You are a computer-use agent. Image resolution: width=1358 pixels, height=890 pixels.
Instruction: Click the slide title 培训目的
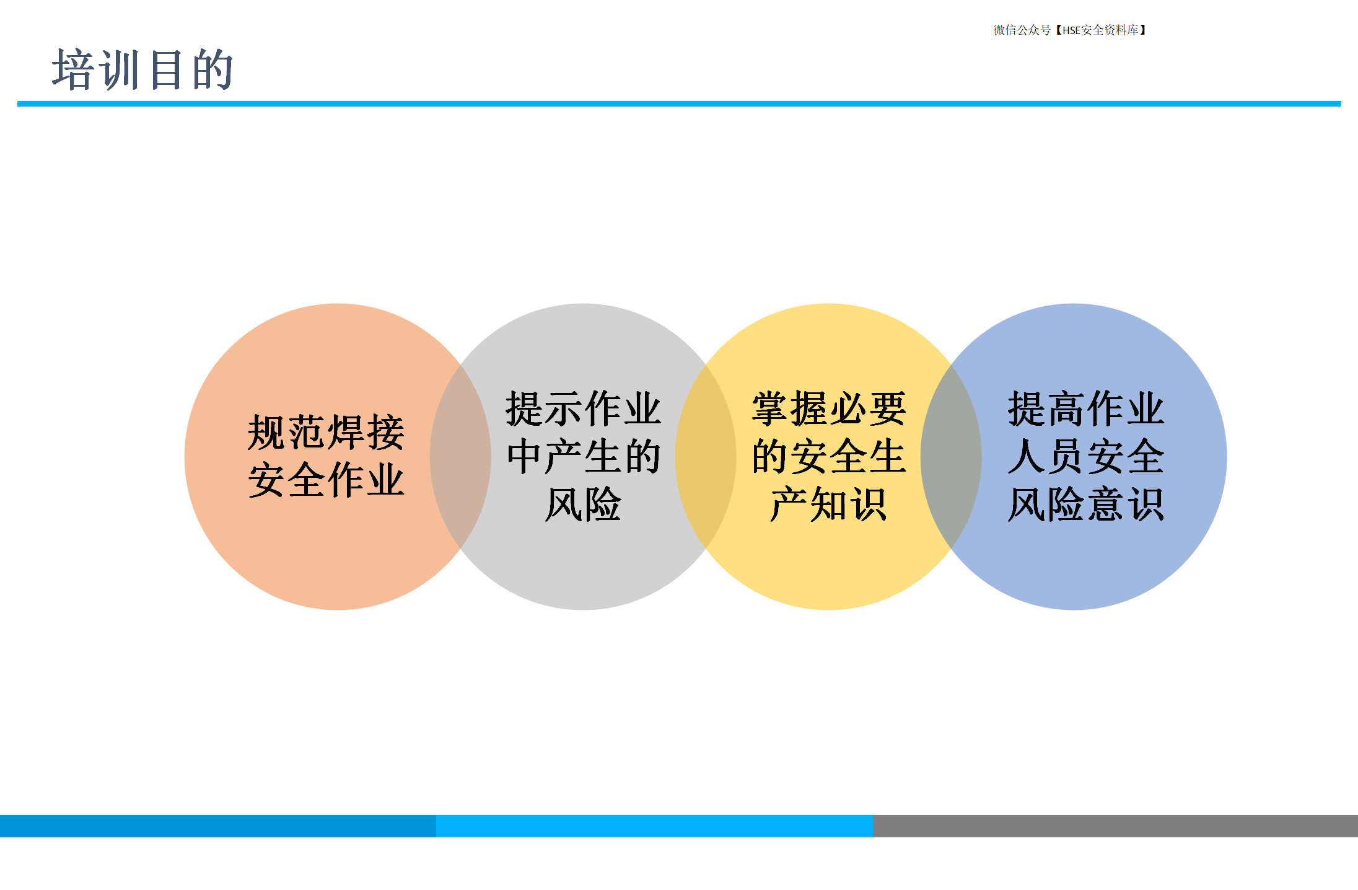pos(142,69)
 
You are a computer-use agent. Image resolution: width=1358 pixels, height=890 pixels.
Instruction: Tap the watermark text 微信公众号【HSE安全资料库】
pos(1070,30)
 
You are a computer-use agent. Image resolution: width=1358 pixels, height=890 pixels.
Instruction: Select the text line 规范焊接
pos(326,433)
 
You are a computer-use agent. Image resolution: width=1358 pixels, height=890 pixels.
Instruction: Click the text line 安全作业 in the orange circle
pos(326,480)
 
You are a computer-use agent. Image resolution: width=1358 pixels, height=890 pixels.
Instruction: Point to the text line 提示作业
pos(583,409)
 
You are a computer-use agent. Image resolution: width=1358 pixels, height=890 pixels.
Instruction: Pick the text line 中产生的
pos(583,457)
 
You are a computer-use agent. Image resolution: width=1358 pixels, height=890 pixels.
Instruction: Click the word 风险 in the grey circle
pos(583,504)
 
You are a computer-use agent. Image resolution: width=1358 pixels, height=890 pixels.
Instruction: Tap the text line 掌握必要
pos(828,409)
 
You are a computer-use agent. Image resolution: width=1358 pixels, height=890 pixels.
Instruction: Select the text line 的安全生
pos(828,457)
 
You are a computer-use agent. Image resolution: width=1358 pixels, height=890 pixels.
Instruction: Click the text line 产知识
pos(828,504)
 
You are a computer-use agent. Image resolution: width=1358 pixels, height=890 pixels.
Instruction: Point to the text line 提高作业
pos(1085,409)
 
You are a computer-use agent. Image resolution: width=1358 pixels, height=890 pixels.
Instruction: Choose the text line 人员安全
pos(1085,457)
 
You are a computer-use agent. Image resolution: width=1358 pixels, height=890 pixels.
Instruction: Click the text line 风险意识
pos(1085,504)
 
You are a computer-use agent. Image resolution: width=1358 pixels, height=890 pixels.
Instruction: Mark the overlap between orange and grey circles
pos(460,457)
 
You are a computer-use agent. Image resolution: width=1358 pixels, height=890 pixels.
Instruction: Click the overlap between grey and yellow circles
pos(706,457)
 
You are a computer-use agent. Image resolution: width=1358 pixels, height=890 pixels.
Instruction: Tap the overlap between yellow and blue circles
pos(951,457)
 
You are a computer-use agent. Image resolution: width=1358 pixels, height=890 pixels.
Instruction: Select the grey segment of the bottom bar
pos(1115,826)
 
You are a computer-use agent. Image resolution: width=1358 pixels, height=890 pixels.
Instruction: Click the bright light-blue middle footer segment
pos(654,826)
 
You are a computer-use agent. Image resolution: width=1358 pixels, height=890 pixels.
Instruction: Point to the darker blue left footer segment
pos(218,826)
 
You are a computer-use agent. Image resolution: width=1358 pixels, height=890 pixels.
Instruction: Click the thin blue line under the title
pos(679,104)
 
